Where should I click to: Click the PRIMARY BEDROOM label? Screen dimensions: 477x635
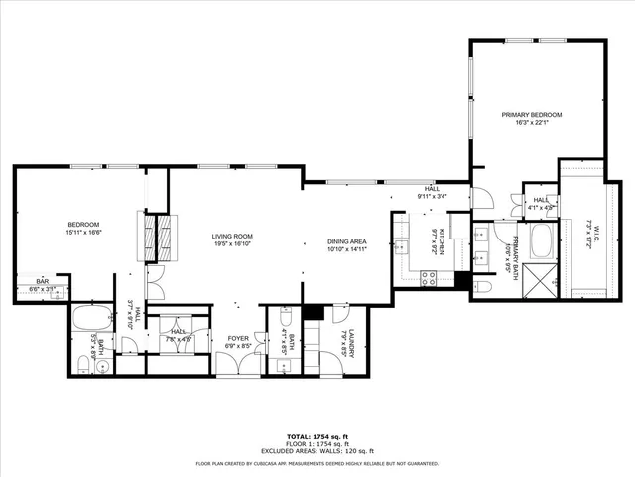point(531,115)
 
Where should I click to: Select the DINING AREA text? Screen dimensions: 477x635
point(347,241)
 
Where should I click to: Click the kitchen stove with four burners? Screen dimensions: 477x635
point(429,277)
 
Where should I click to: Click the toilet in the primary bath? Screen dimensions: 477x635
point(485,288)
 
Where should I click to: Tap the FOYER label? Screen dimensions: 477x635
point(238,338)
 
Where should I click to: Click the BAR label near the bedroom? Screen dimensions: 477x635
point(43,281)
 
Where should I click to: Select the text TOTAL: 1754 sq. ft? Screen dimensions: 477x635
point(317,437)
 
